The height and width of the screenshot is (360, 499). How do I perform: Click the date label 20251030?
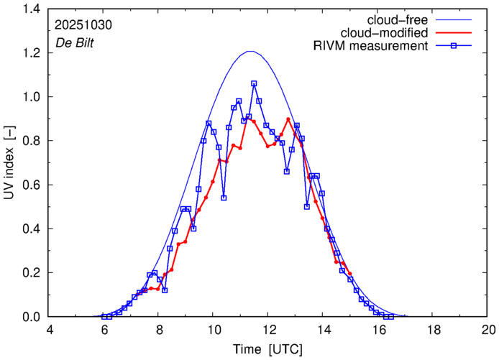83,24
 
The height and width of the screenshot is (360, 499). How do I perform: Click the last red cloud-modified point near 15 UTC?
350,274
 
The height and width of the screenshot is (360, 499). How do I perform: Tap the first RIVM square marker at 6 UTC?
104,317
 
